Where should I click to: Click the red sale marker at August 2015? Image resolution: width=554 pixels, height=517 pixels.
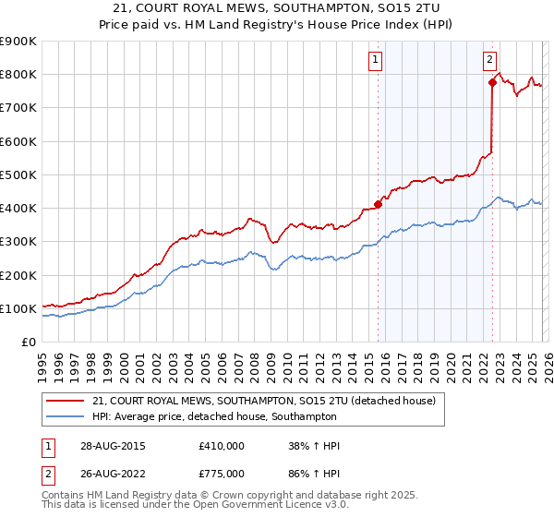tap(378, 204)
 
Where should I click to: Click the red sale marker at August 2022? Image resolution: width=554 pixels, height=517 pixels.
tap(492, 83)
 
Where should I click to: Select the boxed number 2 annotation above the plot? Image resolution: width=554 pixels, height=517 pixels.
tap(488, 61)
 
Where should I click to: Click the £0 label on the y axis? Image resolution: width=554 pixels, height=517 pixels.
tap(29, 343)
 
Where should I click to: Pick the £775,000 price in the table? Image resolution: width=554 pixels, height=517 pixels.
tap(222, 473)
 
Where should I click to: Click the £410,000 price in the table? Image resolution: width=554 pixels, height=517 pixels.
tap(222, 446)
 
